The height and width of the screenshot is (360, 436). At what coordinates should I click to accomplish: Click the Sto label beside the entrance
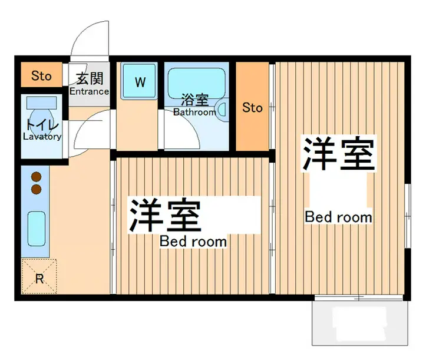41,75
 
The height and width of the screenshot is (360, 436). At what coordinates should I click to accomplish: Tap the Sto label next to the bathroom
252,108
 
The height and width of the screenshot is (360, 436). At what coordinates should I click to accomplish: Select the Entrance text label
89,91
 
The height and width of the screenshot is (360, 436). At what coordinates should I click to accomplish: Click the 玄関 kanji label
90,78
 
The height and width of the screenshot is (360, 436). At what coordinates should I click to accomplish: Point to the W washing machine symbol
140,81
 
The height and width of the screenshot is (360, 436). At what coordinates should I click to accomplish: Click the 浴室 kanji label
194,100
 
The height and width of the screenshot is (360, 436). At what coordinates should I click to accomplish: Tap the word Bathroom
194,113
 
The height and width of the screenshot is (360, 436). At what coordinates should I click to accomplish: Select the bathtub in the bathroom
197,83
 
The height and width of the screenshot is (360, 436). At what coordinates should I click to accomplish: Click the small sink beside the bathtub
222,109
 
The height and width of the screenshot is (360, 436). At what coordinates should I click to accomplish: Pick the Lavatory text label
42,137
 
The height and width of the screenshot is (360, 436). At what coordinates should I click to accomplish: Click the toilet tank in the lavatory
41,103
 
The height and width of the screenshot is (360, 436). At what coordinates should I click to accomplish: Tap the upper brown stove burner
37,177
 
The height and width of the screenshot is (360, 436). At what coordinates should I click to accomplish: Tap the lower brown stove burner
37,189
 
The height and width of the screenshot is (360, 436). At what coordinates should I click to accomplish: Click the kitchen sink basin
37,229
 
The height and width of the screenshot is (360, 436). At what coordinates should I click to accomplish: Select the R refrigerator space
39,276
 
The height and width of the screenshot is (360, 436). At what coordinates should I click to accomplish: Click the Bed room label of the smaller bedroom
193,242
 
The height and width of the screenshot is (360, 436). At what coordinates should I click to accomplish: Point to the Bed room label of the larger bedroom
338,217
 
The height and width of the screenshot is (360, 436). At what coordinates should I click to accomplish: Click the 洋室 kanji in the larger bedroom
338,153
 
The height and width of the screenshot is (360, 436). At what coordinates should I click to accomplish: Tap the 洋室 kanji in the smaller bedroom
165,215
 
